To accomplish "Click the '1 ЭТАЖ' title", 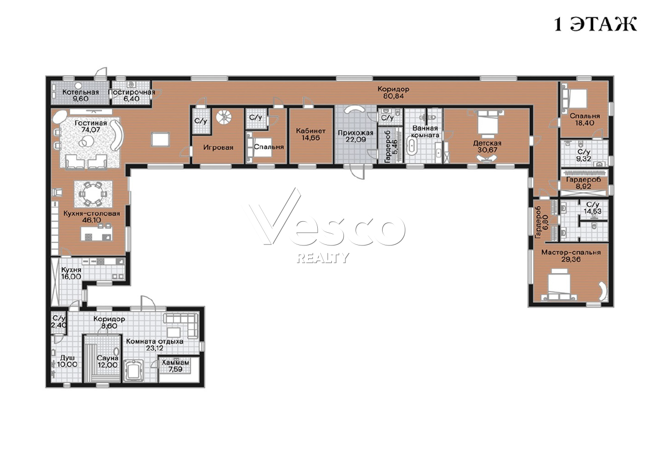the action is pos(595,24).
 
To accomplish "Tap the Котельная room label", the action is pos(81,92).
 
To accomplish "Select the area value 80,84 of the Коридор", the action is pos(393,96).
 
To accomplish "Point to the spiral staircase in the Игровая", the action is pos(224,117).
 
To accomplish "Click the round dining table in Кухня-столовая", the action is pos(93,194).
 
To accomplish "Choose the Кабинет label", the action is pos(311,131).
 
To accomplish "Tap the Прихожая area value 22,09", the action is pos(355,140).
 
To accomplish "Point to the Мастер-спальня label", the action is pos(571,252).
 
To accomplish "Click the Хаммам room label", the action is pos(175,362).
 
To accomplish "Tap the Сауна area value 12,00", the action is pos(107,365).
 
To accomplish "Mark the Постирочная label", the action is pos(131,92).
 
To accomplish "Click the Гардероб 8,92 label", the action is pos(584,183).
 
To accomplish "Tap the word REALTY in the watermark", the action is pos(323,258).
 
